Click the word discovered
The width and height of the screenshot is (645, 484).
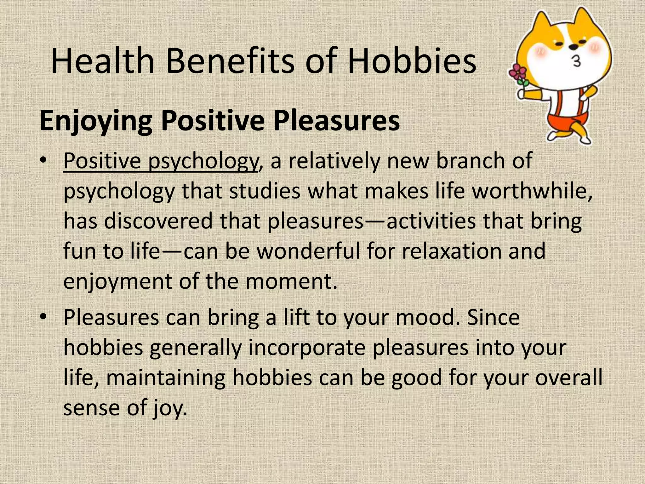pos(158,221)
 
